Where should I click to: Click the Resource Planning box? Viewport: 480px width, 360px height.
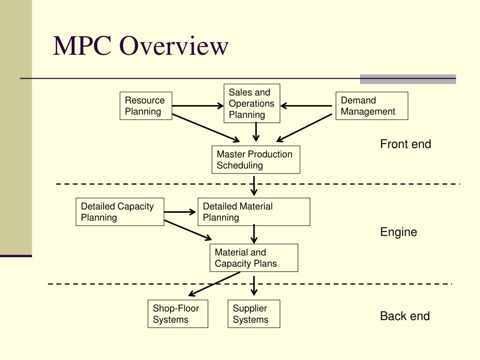(x=146, y=106)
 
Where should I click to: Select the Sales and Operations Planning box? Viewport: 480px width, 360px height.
(x=252, y=104)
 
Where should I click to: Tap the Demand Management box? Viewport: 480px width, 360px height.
(x=372, y=106)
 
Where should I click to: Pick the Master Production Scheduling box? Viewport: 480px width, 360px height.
(x=255, y=160)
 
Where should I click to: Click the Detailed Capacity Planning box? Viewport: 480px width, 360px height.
(x=120, y=212)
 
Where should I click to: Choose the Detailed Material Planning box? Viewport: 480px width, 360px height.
(x=254, y=212)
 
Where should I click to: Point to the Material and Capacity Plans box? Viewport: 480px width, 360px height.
(x=254, y=258)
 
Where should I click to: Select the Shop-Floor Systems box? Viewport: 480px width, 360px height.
(x=178, y=314)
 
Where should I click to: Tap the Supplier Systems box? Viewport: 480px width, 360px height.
(x=254, y=314)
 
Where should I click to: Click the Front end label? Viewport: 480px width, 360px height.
(x=405, y=144)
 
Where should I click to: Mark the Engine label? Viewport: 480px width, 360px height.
(x=398, y=232)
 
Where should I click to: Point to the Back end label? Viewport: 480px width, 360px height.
(x=405, y=316)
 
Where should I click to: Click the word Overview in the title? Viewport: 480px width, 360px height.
(x=173, y=46)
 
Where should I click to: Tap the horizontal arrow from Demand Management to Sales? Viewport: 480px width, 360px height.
(x=307, y=106)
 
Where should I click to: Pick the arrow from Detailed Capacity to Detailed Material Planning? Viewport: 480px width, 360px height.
(x=180, y=212)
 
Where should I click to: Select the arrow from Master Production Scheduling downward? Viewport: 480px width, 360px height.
(x=254, y=186)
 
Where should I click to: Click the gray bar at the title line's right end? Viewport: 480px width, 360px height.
(x=408, y=79)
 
